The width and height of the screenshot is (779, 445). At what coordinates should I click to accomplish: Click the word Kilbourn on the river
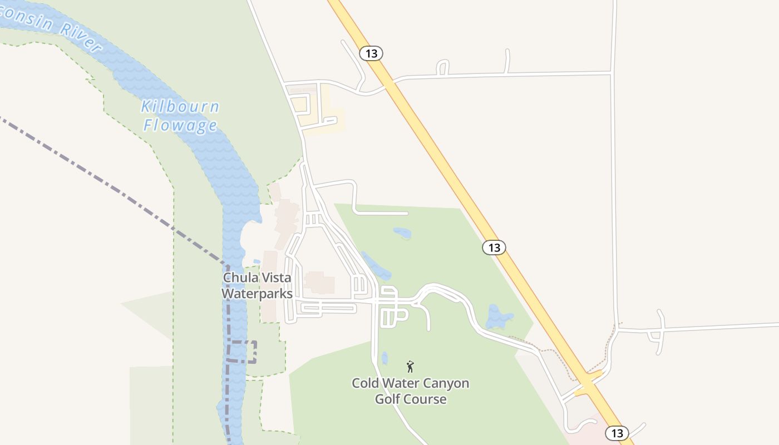coord(180,107)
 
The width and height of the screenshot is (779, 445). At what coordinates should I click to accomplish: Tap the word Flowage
coord(180,125)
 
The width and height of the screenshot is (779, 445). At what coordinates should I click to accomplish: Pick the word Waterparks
coord(257,293)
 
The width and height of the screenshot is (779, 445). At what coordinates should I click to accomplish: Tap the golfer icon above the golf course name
coord(410,367)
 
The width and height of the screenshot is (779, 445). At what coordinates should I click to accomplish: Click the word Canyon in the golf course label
coord(443,383)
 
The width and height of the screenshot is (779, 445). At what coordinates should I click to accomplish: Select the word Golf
coord(390,399)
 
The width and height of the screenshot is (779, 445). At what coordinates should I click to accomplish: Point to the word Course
coord(427,399)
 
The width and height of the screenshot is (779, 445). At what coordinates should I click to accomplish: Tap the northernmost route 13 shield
coord(371,53)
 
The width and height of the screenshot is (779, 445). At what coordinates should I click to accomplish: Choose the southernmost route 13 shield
coord(617,433)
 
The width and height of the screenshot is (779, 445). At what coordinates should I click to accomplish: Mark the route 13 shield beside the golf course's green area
coord(494,248)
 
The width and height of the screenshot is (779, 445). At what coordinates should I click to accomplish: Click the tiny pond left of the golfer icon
coord(384,358)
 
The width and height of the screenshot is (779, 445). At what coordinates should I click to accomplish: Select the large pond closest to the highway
coord(499,318)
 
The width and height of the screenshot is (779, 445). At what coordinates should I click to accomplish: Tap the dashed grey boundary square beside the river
coord(243,352)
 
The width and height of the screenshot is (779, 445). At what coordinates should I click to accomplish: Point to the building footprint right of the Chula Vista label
coord(319,282)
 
